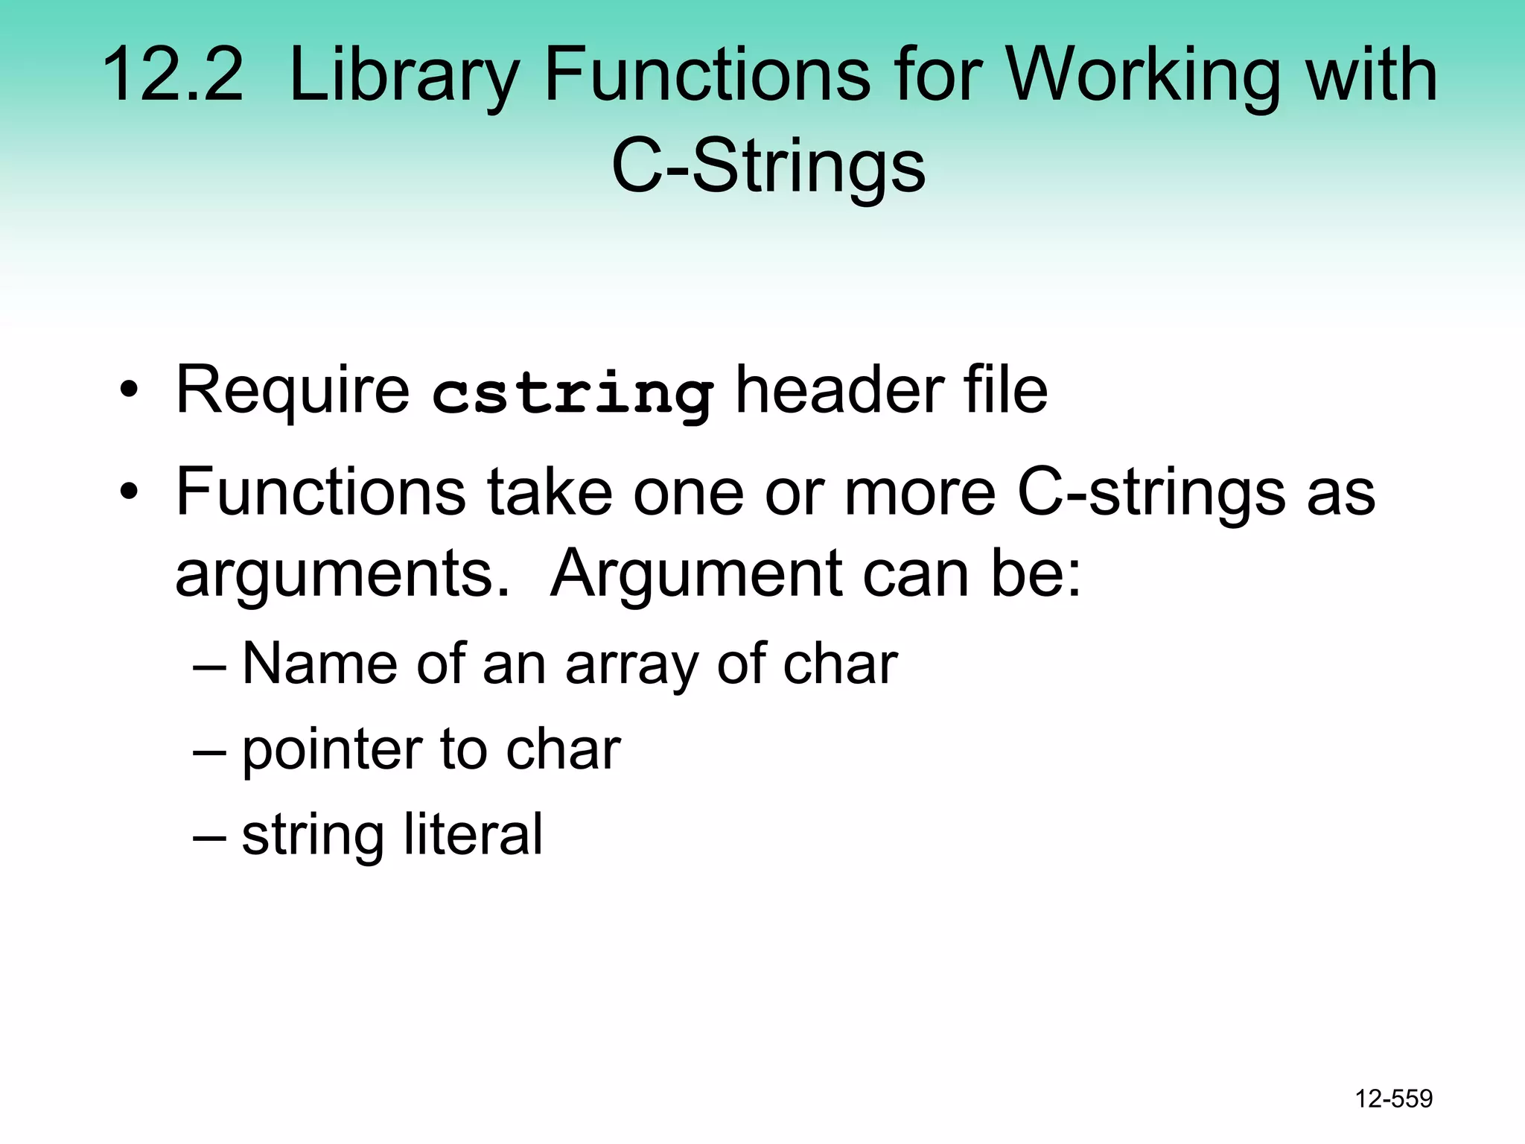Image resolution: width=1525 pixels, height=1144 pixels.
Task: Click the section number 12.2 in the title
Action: coord(173,74)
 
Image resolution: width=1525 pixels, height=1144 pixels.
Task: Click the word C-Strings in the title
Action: coord(768,166)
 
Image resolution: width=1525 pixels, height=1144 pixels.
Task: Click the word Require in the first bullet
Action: coord(292,390)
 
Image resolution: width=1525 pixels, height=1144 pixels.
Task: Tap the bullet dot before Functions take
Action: coord(130,492)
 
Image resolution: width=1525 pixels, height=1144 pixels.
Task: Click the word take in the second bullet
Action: coord(550,492)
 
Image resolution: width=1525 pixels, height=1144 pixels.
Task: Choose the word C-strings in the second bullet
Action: coord(1151,492)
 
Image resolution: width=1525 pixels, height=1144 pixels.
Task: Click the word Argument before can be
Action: coord(696,575)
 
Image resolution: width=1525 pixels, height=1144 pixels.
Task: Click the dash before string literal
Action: coord(209,835)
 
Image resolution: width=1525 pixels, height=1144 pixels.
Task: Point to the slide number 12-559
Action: coord(1393,1099)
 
